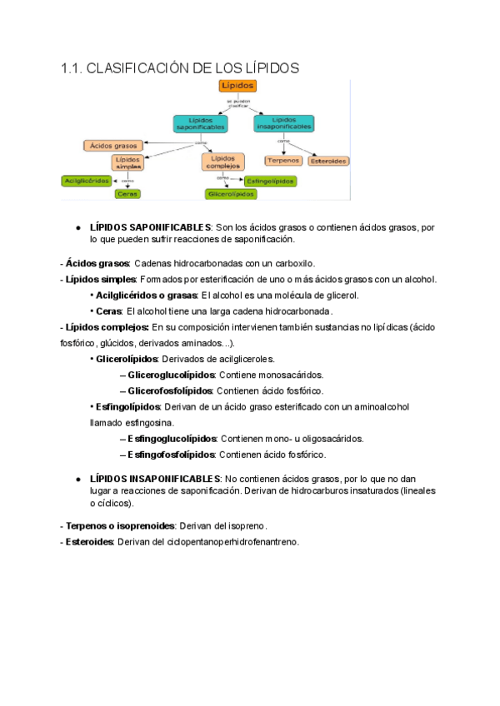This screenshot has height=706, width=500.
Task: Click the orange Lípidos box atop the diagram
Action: coord(237,86)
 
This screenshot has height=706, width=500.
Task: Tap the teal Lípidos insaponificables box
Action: coord(285,122)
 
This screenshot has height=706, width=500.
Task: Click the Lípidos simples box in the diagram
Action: coord(127,162)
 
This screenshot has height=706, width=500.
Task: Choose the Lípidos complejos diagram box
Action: coord(222,161)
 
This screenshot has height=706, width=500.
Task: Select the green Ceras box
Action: coord(128,194)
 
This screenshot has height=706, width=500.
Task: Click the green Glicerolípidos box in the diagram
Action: coord(231,194)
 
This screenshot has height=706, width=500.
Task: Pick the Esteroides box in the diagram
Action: coord(328,160)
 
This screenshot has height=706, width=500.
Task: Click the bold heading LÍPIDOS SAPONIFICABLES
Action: coord(150,227)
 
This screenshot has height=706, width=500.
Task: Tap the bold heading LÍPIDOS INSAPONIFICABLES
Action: coord(154,479)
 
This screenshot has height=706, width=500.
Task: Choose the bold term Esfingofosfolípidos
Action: coord(172,455)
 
